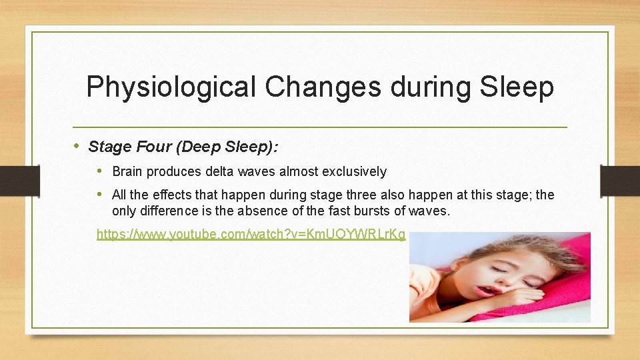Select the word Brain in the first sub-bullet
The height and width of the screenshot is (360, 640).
click(x=127, y=171)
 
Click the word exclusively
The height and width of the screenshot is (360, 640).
click(x=354, y=171)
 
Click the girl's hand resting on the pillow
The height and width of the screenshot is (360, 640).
click(x=527, y=296)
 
